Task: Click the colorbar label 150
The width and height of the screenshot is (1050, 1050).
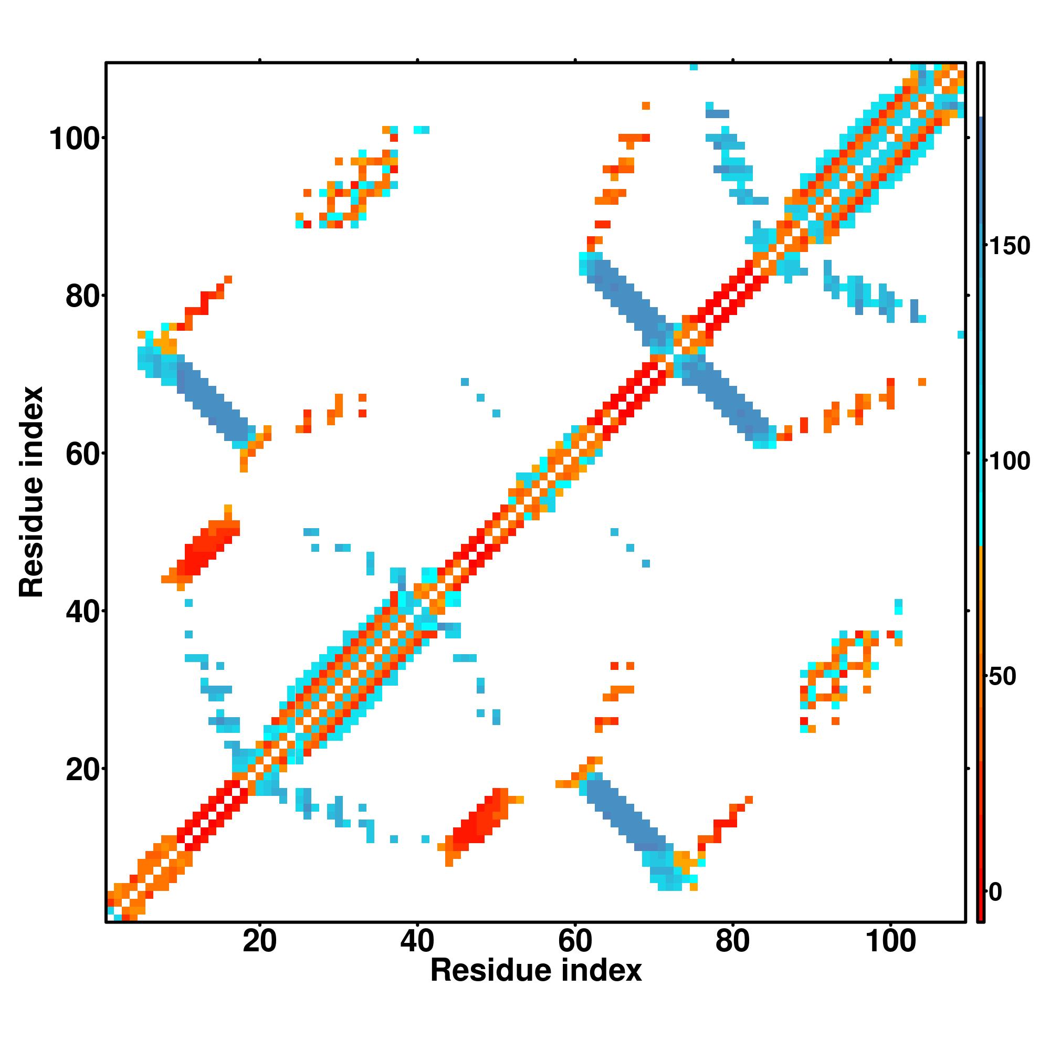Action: coord(1009,246)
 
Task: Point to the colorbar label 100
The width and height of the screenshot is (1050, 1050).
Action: coord(1009,461)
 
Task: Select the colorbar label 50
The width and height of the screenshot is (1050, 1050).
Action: coord(1003,677)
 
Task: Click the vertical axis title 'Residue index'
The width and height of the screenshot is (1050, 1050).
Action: coord(31,492)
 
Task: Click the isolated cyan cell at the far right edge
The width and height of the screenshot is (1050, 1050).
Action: coord(960,334)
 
